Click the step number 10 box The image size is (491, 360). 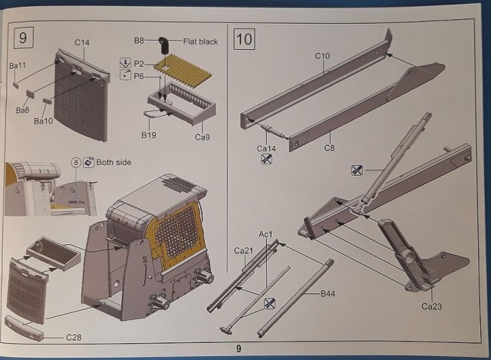(245, 37)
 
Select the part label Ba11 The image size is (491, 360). (18, 67)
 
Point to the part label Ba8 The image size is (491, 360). (23, 110)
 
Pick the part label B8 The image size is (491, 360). (140, 40)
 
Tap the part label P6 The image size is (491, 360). (139, 76)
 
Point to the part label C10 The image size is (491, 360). (321, 55)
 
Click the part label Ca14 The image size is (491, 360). (266, 147)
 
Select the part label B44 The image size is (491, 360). (328, 293)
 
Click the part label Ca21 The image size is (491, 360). (244, 251)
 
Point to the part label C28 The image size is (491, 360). (74, 335)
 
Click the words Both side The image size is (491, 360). (116, 162)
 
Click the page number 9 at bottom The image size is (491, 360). (239, 349)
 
